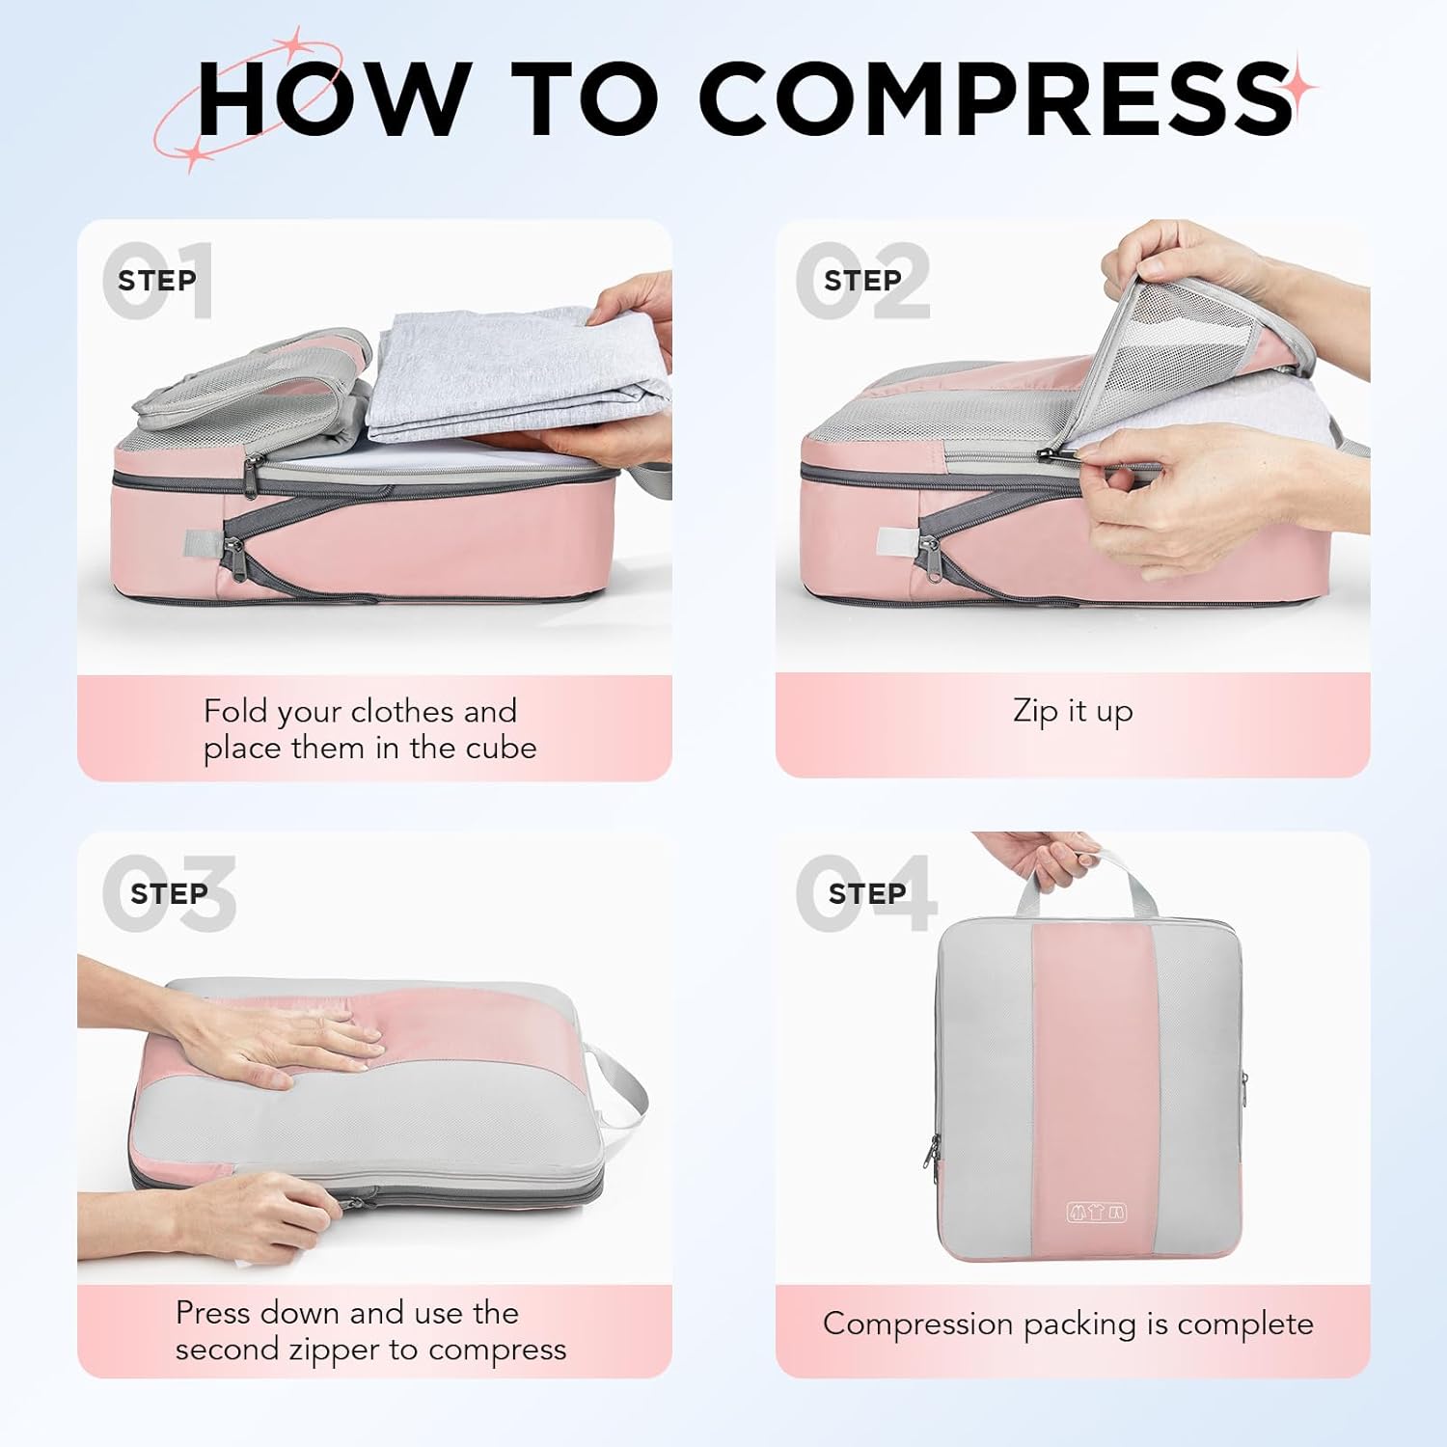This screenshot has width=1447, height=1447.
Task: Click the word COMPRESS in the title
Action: pos(994,98)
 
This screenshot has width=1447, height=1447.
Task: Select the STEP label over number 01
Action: pos(157,281)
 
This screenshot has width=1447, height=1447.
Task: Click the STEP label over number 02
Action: pos(862,281)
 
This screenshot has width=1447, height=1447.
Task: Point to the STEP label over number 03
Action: pos(169,893)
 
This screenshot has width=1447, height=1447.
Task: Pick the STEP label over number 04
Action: pos(866,893)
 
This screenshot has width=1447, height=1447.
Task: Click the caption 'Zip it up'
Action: pos(1073,711)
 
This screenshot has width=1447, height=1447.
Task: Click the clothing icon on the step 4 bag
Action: pos(1096,1213)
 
